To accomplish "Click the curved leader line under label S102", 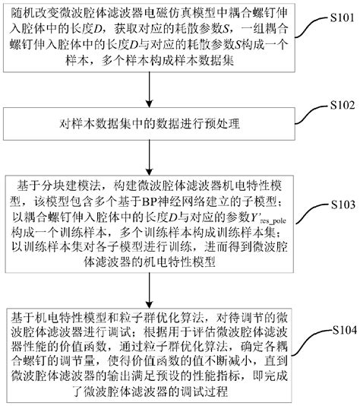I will tap(316, 114).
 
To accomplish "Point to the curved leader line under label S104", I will tap(316, 341).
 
